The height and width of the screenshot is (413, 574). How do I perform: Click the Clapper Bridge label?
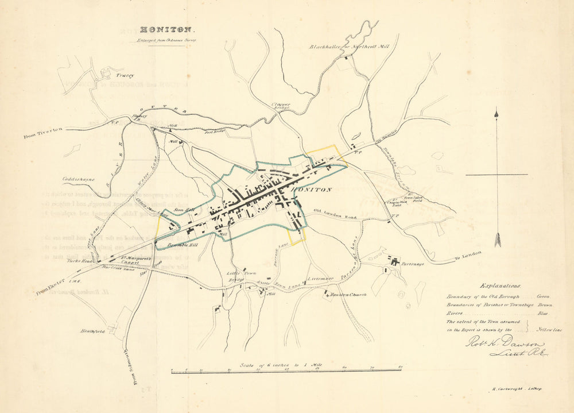pos(280,107)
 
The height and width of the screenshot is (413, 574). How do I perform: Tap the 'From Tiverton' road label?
pos(43,133)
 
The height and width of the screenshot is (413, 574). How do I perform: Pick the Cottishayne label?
pos(79,179)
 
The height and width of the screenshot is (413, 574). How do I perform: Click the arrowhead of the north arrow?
pos(497,114)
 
